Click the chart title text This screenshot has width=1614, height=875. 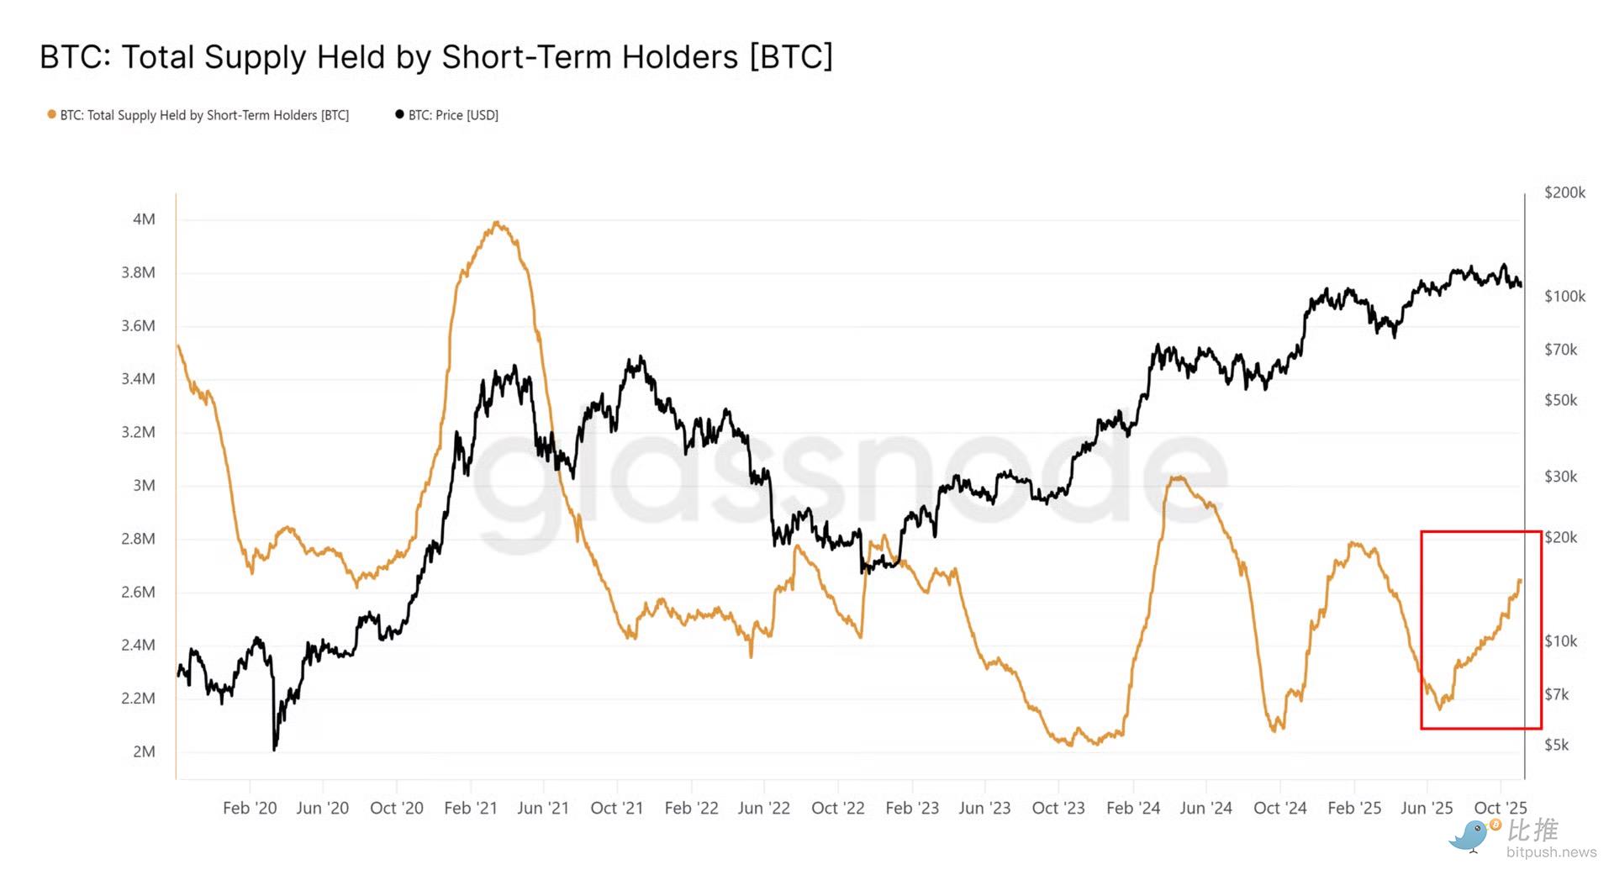pos(435,57)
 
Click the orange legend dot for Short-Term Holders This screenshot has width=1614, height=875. pos(51,114)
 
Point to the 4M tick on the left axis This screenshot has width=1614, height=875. pos(144,219)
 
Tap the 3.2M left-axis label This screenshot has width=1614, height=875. pos(138,432)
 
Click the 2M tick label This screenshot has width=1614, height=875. pos(144,751)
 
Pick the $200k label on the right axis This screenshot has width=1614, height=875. pos(1564,192)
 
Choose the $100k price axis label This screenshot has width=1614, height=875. pos(1564,296)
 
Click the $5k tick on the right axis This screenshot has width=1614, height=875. pos(1556,745)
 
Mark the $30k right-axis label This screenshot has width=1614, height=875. pos(1560,477)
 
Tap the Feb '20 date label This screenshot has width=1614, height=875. pos(250,808)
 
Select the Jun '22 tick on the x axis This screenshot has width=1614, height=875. pos(763,808)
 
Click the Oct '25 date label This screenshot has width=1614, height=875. pos(1500,808)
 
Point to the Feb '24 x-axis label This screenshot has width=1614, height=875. pos(1132,808)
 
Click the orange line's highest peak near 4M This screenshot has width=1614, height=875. pos(497,223)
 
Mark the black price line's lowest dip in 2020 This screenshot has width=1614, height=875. pos(274,748)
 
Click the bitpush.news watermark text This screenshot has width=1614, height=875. pos(1551,852)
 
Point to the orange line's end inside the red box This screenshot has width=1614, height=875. pos(1520,581)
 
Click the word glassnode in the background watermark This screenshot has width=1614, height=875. pos(849,488)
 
